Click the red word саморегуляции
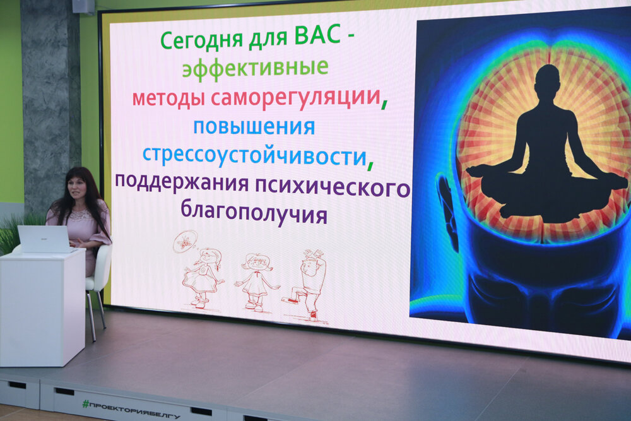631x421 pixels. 296,98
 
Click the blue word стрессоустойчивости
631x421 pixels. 254,157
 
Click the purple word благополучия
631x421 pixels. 254,213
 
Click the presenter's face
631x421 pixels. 78,189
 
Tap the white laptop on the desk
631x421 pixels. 44,239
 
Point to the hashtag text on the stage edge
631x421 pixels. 131,410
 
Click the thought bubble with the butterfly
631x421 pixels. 185,242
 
